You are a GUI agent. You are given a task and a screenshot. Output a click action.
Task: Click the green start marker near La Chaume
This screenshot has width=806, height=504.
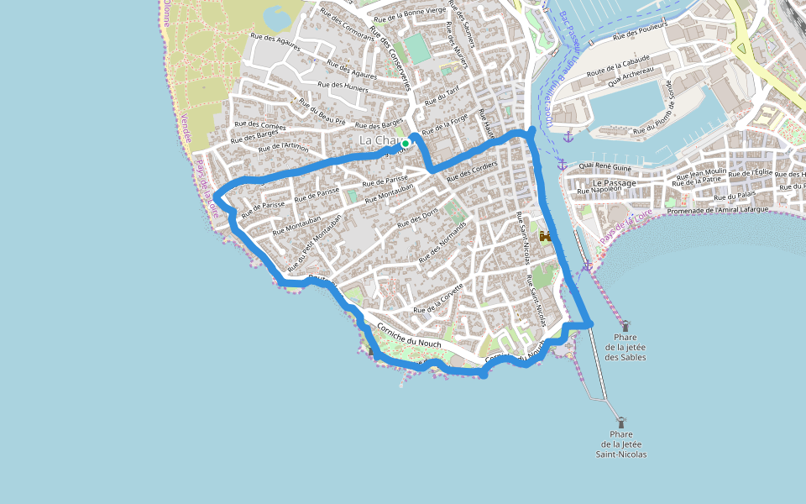pyautogui.click(x=406, y=144)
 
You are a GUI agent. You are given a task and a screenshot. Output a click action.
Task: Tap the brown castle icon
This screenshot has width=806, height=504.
pyautogui.click(x=545, y=238)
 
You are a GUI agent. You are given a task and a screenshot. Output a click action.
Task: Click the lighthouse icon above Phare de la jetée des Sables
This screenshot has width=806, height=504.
pyautogui.click(x=625, y=326)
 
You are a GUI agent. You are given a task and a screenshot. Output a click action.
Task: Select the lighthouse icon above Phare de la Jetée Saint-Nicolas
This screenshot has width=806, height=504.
pyautogui.click(x=621, y=423)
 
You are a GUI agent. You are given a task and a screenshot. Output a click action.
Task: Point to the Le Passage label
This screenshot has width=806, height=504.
pyautogui.click(x=614, y=182)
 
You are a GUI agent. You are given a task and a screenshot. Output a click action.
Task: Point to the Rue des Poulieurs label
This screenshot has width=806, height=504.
pyautogui.click(x=640, y=31)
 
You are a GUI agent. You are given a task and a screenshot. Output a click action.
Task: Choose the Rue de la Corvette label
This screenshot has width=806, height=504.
pyautogui.click(x=438, y=300)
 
